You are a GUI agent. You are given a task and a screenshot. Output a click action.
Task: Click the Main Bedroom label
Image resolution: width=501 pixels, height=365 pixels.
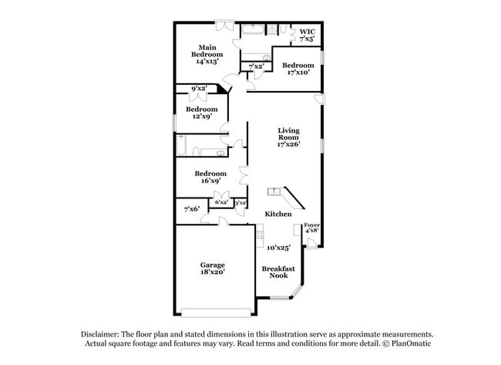pos(207,50)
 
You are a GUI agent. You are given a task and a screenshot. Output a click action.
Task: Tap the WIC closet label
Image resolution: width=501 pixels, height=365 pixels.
pos(308,32)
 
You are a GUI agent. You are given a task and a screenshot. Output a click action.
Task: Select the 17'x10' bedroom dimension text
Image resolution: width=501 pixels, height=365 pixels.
pos(298,73)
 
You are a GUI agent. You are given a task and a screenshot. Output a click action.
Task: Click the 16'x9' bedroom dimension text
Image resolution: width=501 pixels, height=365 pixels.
pos(210,181)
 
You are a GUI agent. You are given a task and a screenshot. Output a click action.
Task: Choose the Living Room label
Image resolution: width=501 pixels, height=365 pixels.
pos(289,136)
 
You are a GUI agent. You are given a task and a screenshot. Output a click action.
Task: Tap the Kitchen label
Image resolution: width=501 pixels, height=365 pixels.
pos(278,214)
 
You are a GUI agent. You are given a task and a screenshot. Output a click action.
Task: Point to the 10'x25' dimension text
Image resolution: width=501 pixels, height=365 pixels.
pos(278,248)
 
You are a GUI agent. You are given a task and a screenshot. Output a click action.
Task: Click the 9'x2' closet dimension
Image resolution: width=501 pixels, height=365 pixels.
pos(198,88)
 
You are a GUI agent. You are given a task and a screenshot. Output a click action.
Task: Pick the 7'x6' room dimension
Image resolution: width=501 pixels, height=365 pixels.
pos(191,209)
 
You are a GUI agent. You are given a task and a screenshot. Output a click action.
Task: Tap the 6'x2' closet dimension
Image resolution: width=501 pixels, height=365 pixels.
pos(222,202)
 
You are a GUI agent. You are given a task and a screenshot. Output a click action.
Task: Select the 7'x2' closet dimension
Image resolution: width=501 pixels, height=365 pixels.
pos(256,66)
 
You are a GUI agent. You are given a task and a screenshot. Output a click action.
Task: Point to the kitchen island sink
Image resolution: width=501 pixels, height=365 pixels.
pos(273,191)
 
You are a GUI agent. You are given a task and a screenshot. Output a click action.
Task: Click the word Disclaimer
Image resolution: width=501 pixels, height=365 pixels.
pos(101,334)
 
